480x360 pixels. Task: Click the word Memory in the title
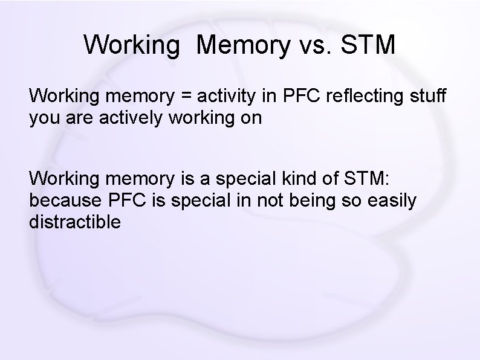coord(243,45)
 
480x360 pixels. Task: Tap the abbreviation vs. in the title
coord(316,45)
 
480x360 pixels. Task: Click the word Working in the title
coord(132,45)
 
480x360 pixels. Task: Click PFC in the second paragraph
coord(126,201)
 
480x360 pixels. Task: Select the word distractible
coord(75,222)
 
